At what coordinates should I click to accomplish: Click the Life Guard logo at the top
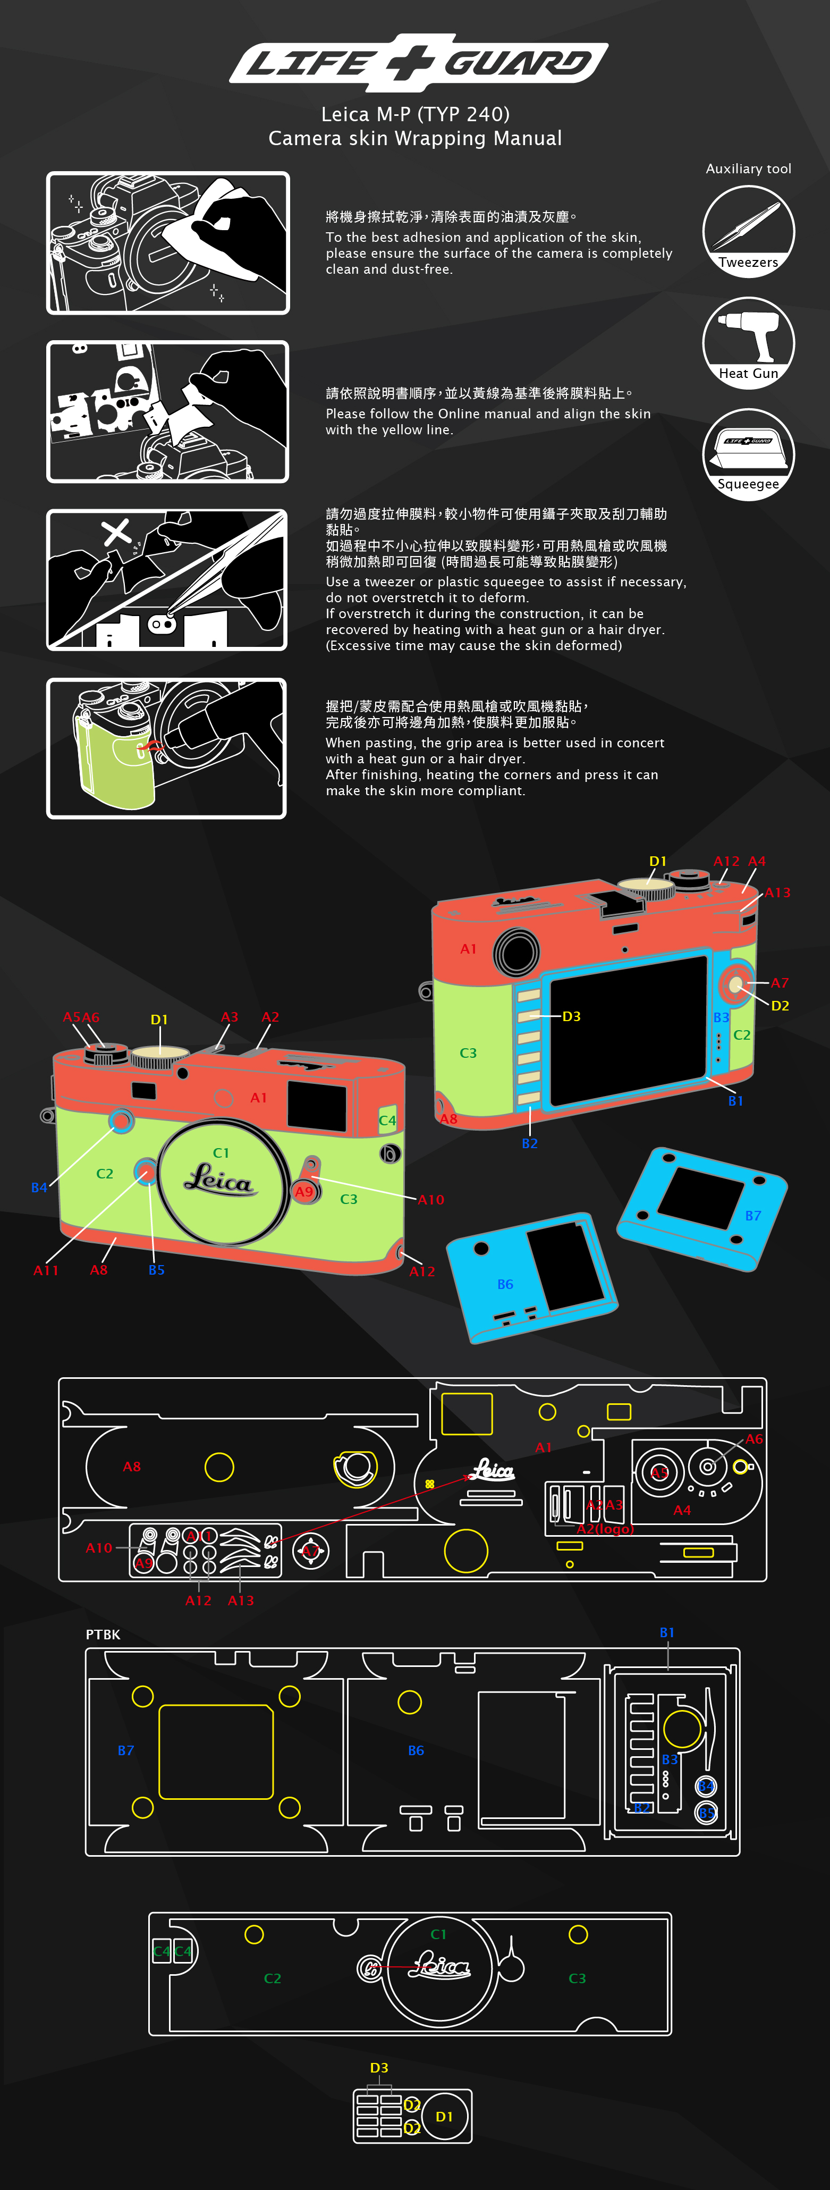tap(418, 62)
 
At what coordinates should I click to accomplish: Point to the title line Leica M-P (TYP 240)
tap(414, 114)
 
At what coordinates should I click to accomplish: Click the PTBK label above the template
tap(103, 1634)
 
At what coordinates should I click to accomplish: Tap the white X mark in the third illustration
tap(116, 532)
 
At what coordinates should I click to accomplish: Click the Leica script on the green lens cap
tap(219, 1180)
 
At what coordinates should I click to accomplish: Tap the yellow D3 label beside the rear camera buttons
tap(571, 1016)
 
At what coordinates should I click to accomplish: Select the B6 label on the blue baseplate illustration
tap(505, 1284)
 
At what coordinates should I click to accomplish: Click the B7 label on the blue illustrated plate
tap(753, 1216)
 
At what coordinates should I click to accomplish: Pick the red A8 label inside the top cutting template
tap(132, 1467)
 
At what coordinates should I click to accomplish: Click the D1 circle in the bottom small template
tap(444, 2116)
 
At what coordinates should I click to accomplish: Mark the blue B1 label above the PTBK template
tap(667, 1632)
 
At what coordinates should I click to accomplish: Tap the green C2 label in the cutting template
tap(272, 1978)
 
